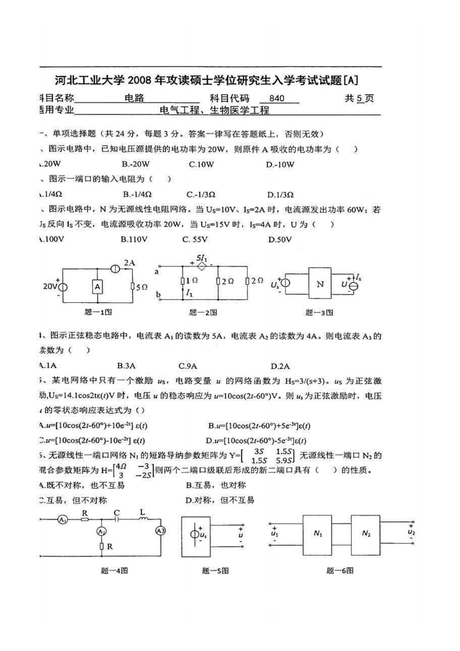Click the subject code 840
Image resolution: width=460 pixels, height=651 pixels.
point(277,99)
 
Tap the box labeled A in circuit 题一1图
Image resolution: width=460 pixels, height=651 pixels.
point(97,287)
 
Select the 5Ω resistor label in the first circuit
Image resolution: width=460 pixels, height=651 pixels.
point(141,287)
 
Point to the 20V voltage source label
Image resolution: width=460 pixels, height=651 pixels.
point(49,287)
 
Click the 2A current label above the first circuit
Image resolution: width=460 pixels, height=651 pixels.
point(129,263)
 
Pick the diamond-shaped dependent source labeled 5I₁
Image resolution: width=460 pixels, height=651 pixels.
point(202,266)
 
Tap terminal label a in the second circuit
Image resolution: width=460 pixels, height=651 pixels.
point(157,272)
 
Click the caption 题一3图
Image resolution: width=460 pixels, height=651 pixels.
point(319,313)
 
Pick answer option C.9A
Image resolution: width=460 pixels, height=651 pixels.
point(188,366)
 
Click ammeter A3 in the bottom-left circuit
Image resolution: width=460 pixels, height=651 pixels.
point(160,531)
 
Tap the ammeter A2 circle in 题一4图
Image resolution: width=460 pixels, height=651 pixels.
point(101,532)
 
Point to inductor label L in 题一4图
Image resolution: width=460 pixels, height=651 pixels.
point(142,513)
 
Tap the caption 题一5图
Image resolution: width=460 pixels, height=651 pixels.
point(215,571)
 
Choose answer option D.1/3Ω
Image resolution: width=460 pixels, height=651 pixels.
point(280,195)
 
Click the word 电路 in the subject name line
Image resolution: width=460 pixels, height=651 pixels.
point(134,98)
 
